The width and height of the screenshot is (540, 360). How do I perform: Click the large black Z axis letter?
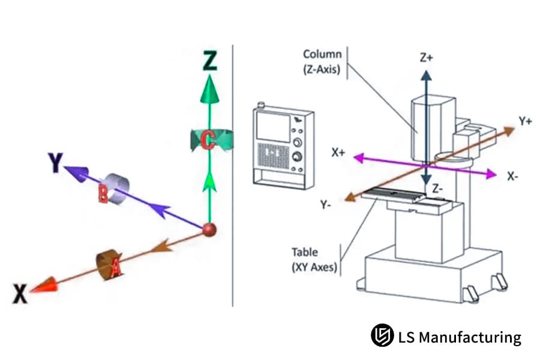click(x=209, y=61)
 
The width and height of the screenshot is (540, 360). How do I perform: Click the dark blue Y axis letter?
click(x=55, y=162)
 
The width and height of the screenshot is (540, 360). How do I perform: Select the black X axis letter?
click(x=20, y=293)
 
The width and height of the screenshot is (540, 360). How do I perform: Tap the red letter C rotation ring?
click(x=207, y=140)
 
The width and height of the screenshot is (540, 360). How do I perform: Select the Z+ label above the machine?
click(x=426, y=58)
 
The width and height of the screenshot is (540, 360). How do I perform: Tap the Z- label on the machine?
click(x=439, y=188)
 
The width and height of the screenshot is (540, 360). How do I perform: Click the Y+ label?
click(x=526, y=121)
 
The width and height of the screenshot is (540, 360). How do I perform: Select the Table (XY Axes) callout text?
click(x=313, y=259)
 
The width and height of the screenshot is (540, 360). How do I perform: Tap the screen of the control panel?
click(x=272, y=128)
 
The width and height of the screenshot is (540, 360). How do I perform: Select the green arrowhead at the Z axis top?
click(x=209, y=91)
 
